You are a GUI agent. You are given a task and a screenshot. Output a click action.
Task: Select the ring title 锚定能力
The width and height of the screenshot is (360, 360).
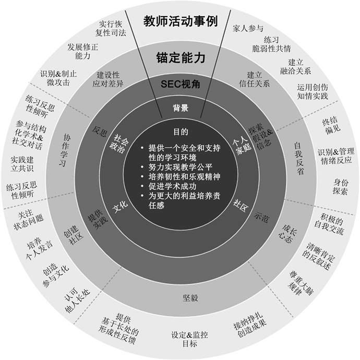click(x=180, y=57)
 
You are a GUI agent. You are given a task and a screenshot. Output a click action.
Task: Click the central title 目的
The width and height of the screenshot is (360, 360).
click(x=180, y=132)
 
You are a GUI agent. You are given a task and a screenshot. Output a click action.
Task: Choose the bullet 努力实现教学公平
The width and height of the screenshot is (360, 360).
click(x=181, y=167)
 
